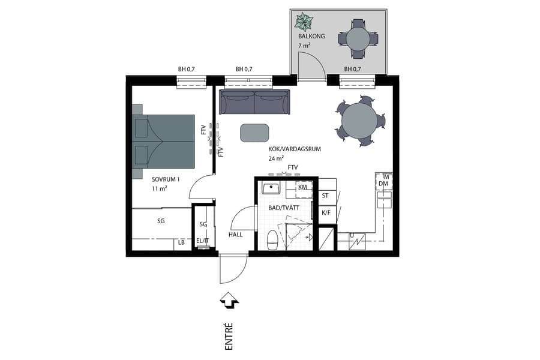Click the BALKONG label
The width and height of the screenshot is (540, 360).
[311, 37]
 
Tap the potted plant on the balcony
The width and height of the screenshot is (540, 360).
[304, 22]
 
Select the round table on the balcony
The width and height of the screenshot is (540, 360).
[358, 39]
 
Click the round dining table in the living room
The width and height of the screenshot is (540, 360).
[359, 121]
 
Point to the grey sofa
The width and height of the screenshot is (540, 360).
[254, 102]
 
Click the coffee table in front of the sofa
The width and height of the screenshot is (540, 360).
[254, 133]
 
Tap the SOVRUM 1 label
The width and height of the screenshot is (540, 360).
[165, 179]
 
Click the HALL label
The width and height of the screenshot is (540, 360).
[235, 235]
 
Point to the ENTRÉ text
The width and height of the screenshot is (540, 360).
[229, 335]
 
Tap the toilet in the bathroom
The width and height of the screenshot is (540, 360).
[272, 239]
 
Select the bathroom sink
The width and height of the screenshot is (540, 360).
[272, 188]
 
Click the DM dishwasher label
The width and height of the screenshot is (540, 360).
[384, 184]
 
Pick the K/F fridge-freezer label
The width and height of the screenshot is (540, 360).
[326, 212]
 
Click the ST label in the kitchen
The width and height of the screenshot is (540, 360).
[326, 196]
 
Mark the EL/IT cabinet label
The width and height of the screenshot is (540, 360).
[203, 241]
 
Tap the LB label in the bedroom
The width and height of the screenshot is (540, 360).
[181, 243]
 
